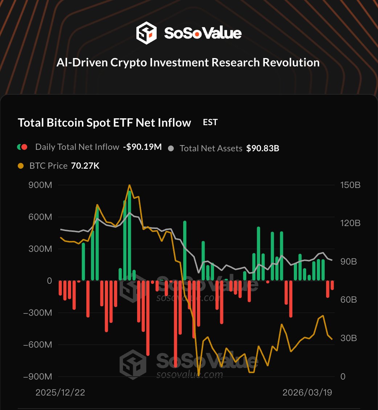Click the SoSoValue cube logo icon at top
pos(146,33)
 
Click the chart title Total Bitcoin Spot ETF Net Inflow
pos(104,123)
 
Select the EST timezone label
pos(210,122)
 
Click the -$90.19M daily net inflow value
pos(142,147)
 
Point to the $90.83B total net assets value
pos(263,148)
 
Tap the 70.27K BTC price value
pos(85,166)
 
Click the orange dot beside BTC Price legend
pos(21,166)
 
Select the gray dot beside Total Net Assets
pos(172,148)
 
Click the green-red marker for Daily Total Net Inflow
pos(22,147)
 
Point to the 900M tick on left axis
pos(40,185)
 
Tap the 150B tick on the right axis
pos(351,185)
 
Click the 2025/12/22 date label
pos(60,393)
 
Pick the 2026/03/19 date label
pos(307,393)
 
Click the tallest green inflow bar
pos(130,236)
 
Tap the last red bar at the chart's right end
pos(332,285)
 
